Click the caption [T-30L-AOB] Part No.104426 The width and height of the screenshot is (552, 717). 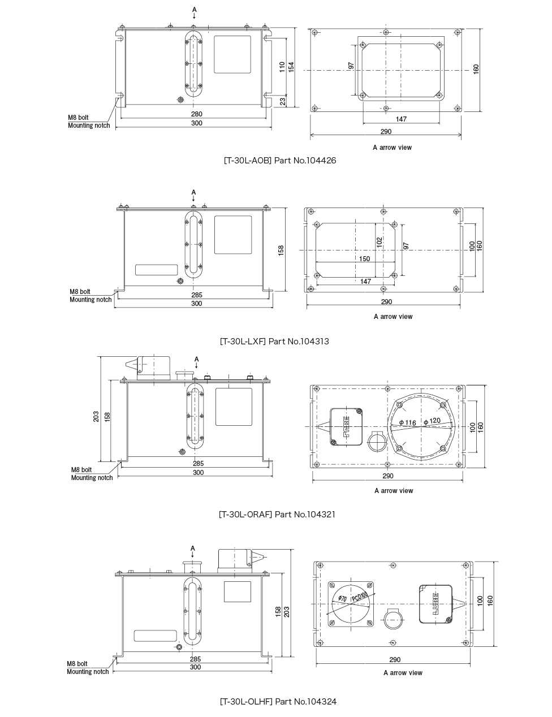280,161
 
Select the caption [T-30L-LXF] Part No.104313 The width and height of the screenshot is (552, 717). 274,342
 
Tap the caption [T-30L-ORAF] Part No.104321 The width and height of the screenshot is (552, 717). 277,515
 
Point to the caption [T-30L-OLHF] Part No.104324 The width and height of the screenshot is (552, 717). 278,702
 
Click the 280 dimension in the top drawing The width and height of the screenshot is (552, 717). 196,114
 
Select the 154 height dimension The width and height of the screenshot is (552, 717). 291,67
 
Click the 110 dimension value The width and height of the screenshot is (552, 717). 282,67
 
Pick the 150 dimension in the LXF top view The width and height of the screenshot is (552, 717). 364,259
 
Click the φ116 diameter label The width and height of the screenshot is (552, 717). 407,423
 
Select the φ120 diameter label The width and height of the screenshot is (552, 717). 432,421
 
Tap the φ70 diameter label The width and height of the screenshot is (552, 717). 342,598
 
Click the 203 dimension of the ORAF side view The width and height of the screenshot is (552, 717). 96,417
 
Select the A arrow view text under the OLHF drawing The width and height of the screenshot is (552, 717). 403,673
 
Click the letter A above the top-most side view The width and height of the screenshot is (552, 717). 194,10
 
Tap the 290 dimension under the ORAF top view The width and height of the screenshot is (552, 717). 387,476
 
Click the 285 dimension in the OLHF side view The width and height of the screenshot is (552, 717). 195,659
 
